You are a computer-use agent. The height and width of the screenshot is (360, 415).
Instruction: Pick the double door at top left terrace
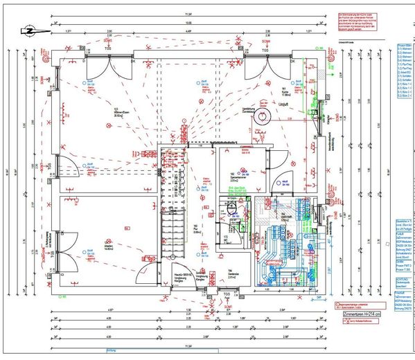[x=107, y=69]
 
